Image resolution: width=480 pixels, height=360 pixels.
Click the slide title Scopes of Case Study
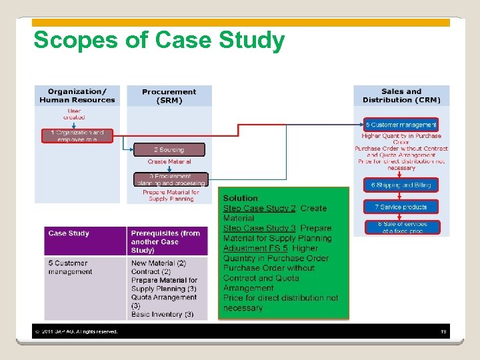[x=159, y=41]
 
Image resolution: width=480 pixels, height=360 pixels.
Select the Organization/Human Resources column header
[x=77, y=96]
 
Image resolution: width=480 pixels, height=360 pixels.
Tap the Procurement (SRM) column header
[x=169, y=96]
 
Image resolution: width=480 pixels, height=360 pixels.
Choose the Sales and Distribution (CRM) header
[x=401, y=96]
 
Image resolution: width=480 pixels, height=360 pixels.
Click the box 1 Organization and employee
[x=77, y=136]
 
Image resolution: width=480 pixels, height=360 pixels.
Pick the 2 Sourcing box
[x=169, y=150]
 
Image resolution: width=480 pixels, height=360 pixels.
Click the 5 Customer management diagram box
[x=401, y=125]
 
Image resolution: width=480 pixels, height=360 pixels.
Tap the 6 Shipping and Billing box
[x=401, y=185]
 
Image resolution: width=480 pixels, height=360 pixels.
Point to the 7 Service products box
[x=401, y=207]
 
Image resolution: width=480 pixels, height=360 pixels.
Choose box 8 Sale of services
[x=401, y=227]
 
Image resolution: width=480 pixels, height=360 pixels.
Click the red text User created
[x=74, y=113]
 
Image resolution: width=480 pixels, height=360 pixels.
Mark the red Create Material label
[x=169, y=162]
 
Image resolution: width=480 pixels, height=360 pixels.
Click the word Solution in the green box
[x=241, y=198]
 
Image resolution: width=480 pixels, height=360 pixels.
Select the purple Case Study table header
[x=69, y=233]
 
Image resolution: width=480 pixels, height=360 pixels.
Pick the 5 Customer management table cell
[x=70, y=267]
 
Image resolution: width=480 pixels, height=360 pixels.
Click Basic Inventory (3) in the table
[x=162, y=314]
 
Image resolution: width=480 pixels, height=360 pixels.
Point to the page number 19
[x=443, y=331]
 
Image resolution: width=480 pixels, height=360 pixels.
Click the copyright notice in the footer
[x=76, y=331]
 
